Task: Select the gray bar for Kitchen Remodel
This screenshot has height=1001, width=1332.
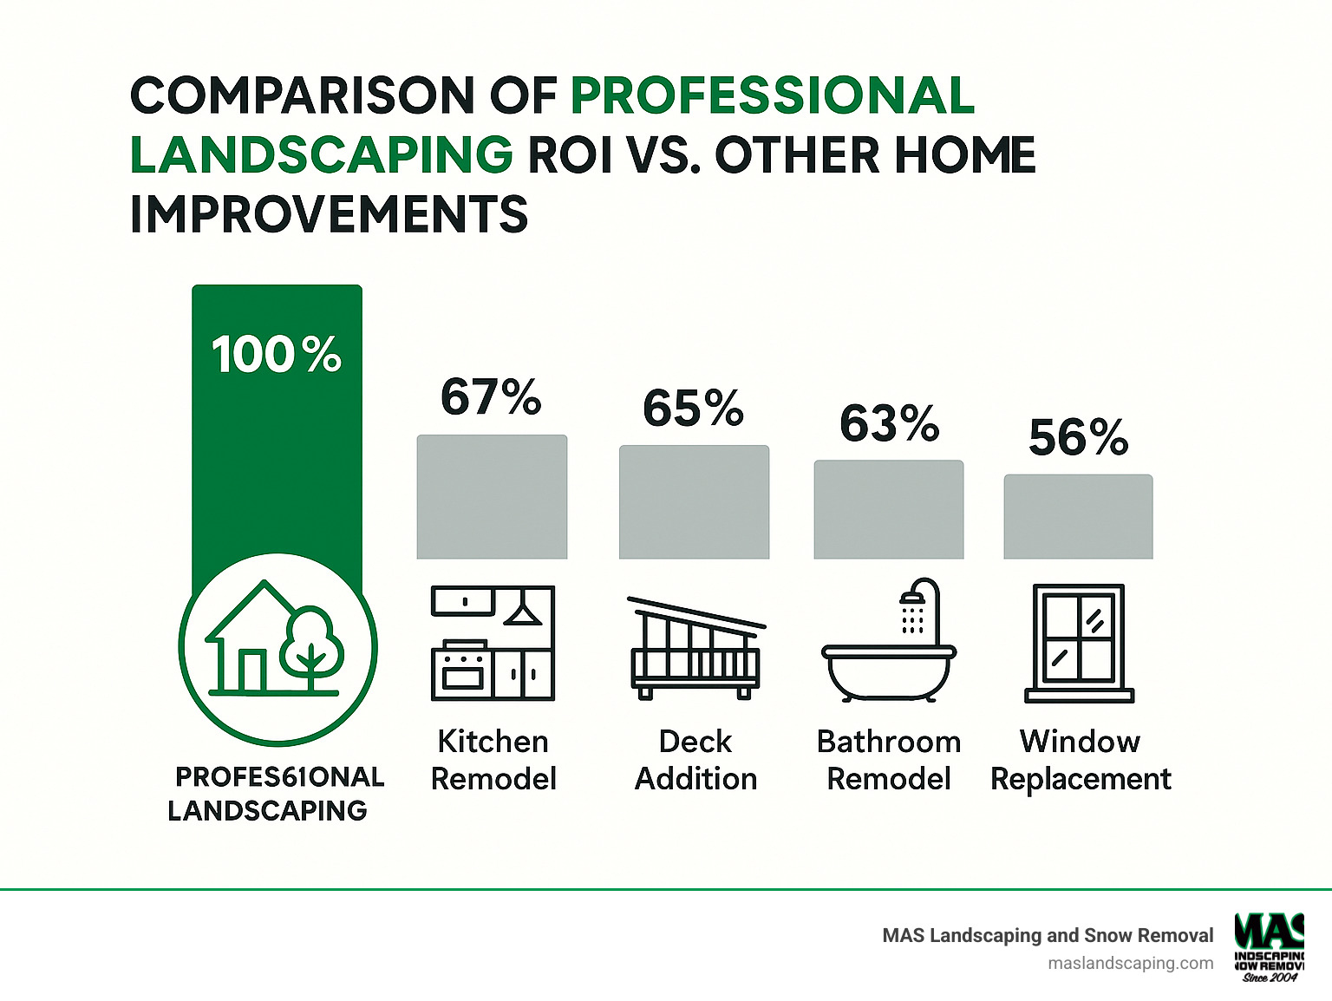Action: point(492,497)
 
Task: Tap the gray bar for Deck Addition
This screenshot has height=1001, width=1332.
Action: point(694,502)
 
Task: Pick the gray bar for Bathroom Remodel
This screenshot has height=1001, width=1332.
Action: point(888,509)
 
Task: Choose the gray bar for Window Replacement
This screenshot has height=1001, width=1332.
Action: point(1078,517)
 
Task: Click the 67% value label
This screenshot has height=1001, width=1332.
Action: point(491,397)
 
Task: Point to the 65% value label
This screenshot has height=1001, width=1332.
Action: point(693,408)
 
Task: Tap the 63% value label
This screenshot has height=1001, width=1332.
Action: point(889,423)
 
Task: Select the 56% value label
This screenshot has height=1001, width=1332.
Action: point(1078,437)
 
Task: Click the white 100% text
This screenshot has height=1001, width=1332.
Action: point(277,355)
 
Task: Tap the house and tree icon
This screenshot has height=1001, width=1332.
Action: point(277,647)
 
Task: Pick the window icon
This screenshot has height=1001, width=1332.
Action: point(1079,643)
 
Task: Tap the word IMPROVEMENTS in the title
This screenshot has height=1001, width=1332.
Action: point(329,215)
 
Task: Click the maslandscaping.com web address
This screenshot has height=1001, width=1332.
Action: point(1130,963)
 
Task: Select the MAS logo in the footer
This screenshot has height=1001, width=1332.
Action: point(1270,946)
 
